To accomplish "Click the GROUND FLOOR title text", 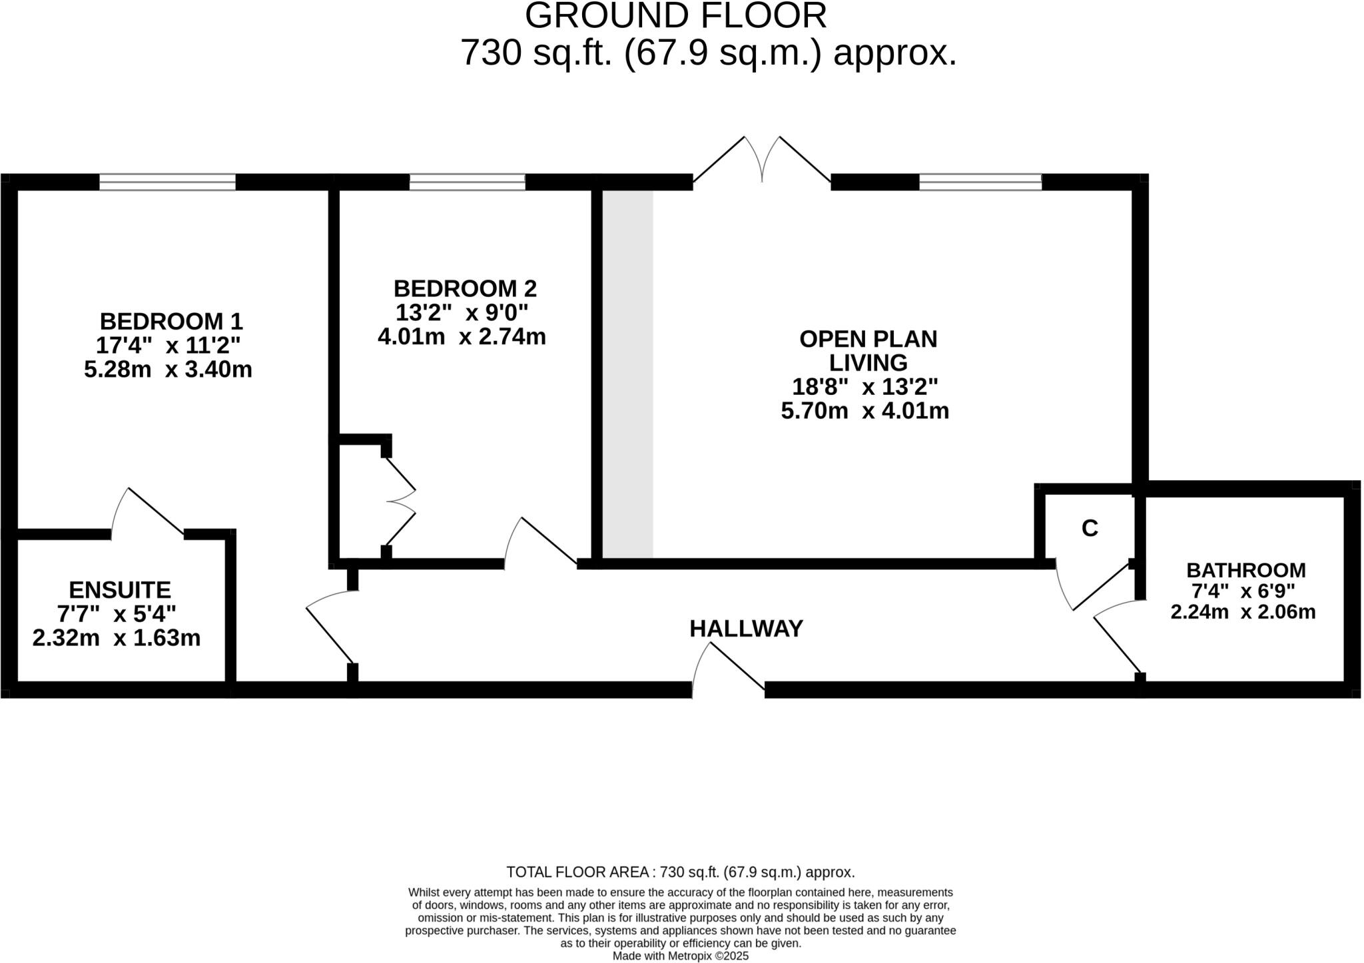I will click(675, 16).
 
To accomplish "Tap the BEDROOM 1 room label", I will click(171, 322).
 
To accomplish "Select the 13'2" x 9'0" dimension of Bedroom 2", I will click(462, 312).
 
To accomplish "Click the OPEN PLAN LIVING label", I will click(868, 350).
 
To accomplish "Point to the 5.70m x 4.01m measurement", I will click(864, 411).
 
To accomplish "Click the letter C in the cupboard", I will click(1090, 528).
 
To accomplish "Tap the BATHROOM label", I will click(1245, 570).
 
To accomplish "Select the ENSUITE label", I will click(120, 590).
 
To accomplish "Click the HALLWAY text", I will click(746, 629).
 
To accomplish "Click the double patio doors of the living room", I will click(762, 160).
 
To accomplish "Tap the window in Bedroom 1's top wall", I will click(167, 182).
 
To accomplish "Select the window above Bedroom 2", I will click(467, 182).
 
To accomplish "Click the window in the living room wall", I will click(980, 182).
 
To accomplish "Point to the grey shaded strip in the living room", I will click(628, 373).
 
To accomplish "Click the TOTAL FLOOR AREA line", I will click(680, 872).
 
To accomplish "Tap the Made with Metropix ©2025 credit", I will click(680, 956).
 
